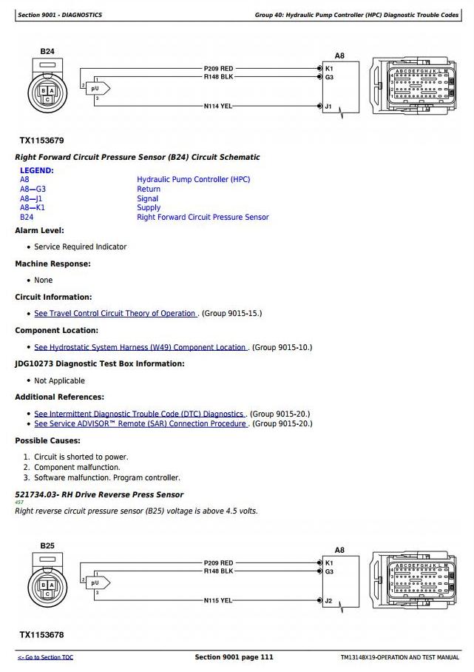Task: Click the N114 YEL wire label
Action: (x=218, y=106)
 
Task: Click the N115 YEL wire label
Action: (x=218, y=600)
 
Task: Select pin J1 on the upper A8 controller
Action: (x=328, y=106)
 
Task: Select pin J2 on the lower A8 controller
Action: (x=328, y=600)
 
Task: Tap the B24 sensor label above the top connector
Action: (x=47, y=51)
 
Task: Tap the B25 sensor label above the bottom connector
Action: (x=47, y=545)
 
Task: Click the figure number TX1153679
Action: (x=41, y=140)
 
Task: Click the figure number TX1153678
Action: (x=41, y=634)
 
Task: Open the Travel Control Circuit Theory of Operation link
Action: (x=115, y=313)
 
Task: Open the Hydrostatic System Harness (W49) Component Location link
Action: (x=140, y=347)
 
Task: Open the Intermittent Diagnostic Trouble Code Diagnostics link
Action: (x=139, y=414)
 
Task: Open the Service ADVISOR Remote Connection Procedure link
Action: (x=140, y=423)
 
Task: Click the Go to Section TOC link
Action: (x=46, y=657)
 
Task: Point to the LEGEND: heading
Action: (x=36, y=170)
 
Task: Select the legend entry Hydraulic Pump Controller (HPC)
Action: (x=193, y=179)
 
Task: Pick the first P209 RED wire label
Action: (x=218, y=69)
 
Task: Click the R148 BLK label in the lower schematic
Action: (x=218, y=571)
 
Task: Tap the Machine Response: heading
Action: (x=53, y=263)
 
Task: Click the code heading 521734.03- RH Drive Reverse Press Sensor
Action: (x=99, y=494)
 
